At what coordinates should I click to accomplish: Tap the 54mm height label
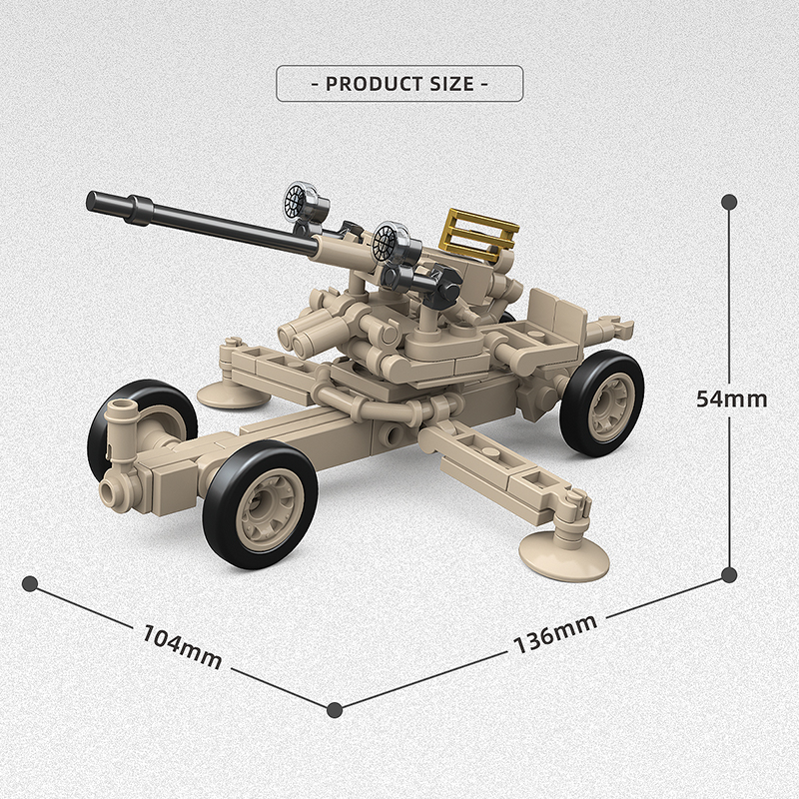pos(731,399)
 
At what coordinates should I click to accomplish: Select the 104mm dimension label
pos(182,646)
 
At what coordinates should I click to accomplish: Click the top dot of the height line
pos(729,202)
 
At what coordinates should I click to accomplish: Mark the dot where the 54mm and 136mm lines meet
pos(729,574)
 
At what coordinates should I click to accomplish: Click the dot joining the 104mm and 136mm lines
pos(335,709)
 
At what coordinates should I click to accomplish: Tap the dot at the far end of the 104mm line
pos(30,582)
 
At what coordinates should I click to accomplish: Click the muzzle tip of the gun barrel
pos(93,201)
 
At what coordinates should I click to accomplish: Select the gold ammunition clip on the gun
pos(478,235)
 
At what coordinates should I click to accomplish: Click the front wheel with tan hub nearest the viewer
pos(259,502)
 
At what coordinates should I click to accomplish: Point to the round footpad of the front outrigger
pos(565,556)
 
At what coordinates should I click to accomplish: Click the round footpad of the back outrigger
pos(234,393)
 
